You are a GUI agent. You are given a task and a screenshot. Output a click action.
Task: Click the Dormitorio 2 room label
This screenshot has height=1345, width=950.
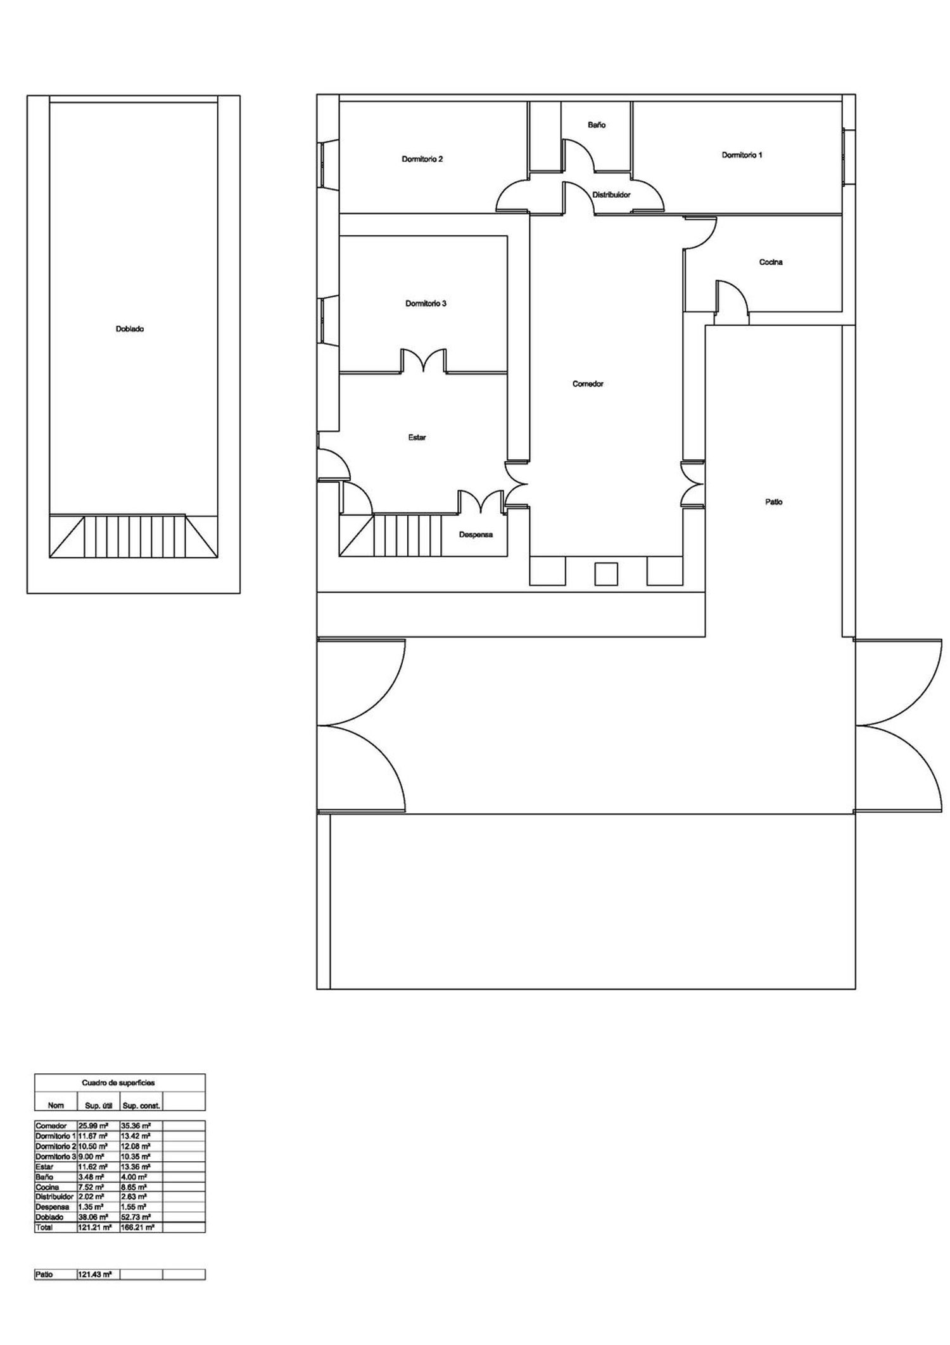422,159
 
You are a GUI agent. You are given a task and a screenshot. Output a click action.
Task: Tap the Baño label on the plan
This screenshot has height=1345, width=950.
596,125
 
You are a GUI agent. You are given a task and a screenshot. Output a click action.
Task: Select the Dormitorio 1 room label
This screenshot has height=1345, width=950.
742,155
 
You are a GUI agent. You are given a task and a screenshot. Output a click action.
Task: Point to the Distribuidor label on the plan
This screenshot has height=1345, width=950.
611,195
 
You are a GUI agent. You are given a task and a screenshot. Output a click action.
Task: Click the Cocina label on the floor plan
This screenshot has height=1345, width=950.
771,262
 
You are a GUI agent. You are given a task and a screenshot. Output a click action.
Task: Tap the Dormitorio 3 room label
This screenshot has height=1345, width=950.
426,303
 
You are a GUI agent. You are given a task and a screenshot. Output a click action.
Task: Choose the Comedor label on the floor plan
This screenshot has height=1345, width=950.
588,384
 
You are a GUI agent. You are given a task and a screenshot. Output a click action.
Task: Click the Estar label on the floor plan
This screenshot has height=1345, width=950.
417,437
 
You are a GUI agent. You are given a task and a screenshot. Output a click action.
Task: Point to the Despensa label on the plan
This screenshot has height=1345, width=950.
476,535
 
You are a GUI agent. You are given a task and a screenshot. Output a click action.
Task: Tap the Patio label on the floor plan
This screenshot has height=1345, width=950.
773,502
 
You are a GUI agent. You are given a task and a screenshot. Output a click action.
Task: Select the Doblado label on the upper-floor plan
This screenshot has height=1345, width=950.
130,329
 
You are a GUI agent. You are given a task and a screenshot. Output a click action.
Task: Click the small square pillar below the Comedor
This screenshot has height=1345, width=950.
605,573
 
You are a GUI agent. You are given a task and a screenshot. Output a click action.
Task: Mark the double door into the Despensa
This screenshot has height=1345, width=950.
482,501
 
